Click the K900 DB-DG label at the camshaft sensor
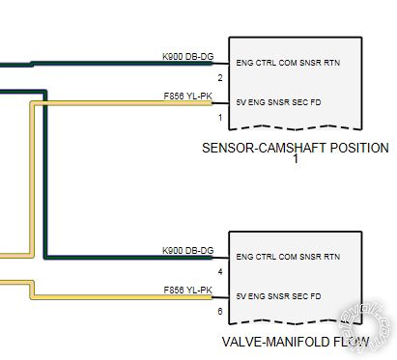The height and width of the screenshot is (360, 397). coord(187,58)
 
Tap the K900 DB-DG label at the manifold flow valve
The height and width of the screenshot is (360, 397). coord(187,251)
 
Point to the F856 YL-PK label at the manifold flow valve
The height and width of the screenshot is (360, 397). coord(187,290)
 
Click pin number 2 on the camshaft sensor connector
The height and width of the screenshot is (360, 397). coord(220,77)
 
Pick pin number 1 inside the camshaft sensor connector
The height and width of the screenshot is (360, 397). coord(220,118)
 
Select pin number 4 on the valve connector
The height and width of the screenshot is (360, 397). coord(220,272)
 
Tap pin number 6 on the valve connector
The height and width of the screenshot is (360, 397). coord(220,311)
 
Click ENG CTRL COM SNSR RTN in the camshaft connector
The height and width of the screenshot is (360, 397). coord(288,63)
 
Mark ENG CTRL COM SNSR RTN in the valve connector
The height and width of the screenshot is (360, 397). coord(288,257)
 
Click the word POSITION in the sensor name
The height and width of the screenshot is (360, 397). coord(357,148)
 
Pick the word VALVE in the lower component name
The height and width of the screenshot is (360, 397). coord(242,342)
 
